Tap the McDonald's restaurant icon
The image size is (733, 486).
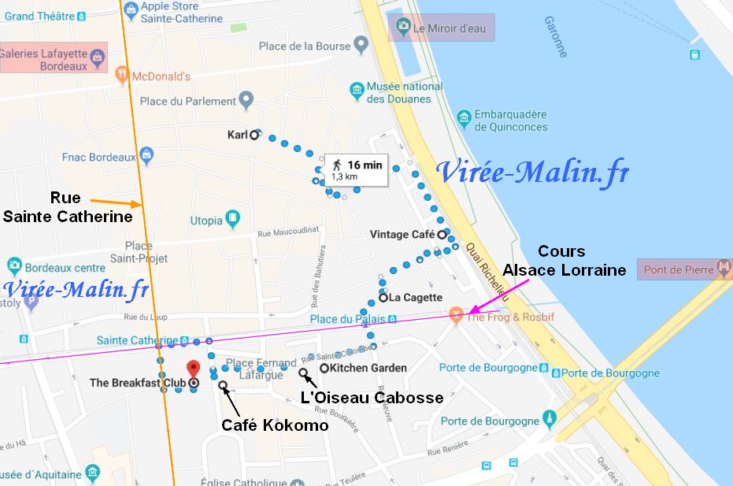coord(121,76)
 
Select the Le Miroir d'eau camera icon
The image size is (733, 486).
coord(403,28)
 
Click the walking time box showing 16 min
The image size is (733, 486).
coord(356,169)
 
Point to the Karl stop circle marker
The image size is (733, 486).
coord(254,135)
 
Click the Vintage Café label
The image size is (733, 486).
coord(402,234)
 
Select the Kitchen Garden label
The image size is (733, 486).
coord(368,368)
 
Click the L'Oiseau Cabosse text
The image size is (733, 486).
coord(372,398)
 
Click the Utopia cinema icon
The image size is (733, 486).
coord(233,217)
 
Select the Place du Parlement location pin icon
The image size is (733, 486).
coord(246,101)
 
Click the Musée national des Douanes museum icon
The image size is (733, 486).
coord(358,91)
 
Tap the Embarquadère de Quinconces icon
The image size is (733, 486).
coord(464,120)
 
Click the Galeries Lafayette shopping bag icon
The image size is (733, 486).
coord(97,57)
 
